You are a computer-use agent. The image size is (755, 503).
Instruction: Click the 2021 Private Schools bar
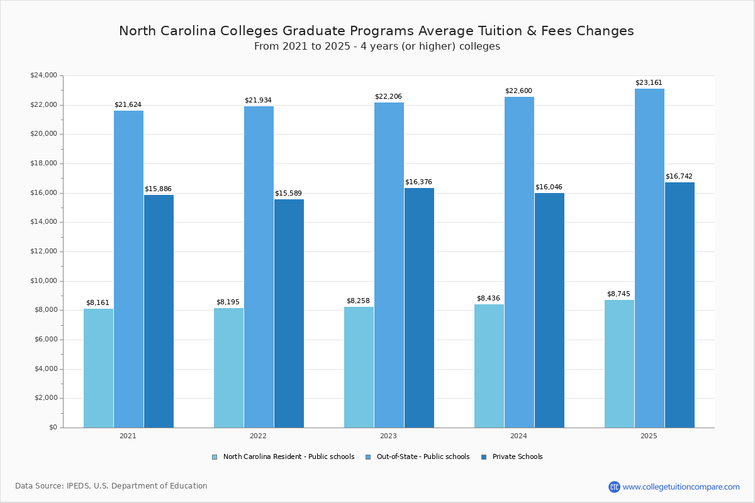[159, 311]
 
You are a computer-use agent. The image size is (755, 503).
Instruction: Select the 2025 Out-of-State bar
[649, 258]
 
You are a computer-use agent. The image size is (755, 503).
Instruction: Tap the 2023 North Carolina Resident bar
[359, 367]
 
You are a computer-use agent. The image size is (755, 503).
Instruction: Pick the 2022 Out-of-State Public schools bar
[259, 267]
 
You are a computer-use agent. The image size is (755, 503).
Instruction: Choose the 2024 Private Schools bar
[549, 310]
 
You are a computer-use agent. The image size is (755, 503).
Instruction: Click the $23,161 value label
[649, 83]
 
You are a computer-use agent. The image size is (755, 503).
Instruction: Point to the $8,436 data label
[488, 299]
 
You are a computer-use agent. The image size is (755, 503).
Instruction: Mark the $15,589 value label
[288, 194]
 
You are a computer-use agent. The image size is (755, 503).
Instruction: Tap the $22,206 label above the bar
[388, 97]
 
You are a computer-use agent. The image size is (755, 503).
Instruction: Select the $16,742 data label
[679, 177]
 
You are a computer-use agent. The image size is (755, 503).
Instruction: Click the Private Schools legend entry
[517, 457]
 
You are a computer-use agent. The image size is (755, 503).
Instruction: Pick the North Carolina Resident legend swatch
[215, 457]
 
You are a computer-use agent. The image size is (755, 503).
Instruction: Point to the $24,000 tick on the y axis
[43, 75]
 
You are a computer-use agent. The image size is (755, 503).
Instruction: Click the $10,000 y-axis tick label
[43, 281]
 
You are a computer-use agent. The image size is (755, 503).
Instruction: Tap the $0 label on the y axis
[52, 428]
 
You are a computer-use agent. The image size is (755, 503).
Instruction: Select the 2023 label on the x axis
[388, 436]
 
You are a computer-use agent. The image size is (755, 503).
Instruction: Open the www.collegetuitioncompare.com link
[681, 487]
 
